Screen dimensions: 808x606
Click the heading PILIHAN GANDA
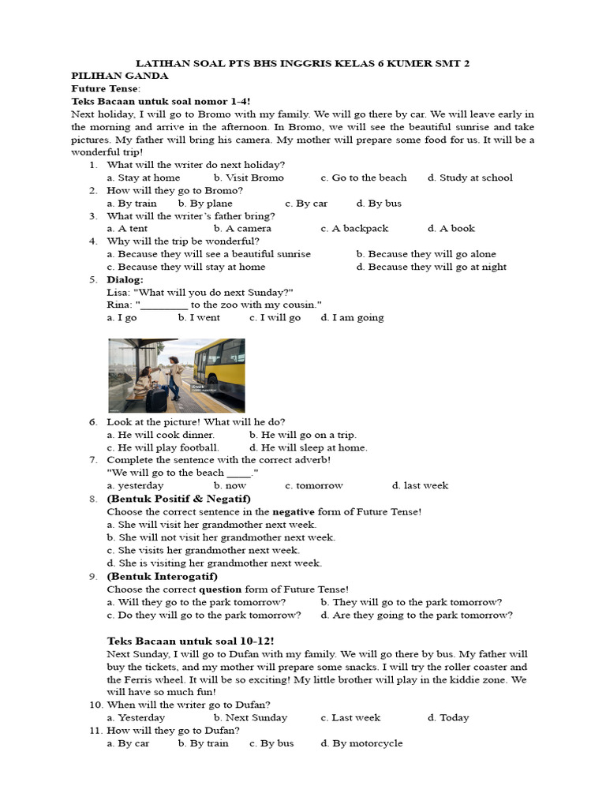[119, 76]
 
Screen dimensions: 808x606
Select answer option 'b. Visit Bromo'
[249, 178]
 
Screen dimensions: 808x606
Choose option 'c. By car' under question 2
[306, 203]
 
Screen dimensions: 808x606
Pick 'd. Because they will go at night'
[431, 267]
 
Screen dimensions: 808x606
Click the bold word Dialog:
[125, 279]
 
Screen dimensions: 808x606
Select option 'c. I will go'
[275, 317]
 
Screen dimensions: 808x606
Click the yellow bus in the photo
[219, 364]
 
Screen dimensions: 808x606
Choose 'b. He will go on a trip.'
[303, 435]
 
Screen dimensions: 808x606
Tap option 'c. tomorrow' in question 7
[314, 485]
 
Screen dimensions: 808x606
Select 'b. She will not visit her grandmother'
[221, 537]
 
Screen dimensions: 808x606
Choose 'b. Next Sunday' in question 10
[250, 717]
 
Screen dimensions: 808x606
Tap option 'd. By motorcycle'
[361, 743]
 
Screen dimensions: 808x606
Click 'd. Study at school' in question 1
[470, 178]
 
